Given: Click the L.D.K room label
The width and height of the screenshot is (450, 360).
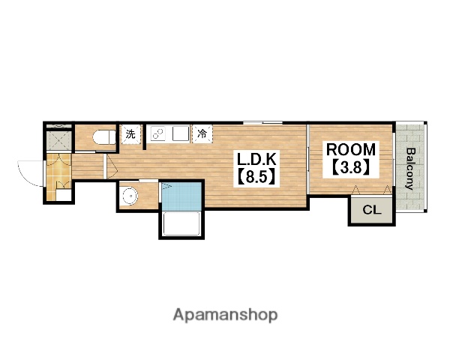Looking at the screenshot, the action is pos(256,159).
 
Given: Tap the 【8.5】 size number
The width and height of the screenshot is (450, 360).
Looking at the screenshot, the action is pos(256,176).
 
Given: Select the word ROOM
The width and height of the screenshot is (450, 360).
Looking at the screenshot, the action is pos(351,149).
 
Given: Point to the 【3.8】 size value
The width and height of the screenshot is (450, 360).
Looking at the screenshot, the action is pos(351,166).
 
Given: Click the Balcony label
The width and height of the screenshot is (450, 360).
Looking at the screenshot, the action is pos(410,169).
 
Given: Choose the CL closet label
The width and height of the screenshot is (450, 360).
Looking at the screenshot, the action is pos(372,210).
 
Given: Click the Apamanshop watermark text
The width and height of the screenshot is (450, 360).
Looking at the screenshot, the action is pos(225,315).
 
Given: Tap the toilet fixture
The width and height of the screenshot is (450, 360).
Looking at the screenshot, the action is pos(104,137).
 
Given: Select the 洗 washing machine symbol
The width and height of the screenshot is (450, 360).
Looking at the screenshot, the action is pos(130,133).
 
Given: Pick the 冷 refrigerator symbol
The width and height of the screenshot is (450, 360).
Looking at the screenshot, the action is pos(202,133).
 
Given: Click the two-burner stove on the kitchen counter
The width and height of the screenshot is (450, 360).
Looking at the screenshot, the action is pos(157,133).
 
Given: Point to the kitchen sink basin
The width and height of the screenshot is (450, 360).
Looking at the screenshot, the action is pos(180,133).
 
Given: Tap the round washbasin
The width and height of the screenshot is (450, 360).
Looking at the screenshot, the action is pos(130,196).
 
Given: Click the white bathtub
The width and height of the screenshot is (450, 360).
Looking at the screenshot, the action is pos(181,224).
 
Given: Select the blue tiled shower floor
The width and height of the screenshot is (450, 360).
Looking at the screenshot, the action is pos(181,196).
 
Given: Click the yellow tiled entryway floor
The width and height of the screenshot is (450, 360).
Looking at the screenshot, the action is pos(58,176).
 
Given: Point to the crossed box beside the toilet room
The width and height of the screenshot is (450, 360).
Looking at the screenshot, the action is pos(58,140).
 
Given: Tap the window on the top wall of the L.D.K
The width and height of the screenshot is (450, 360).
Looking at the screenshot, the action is pos(263,123).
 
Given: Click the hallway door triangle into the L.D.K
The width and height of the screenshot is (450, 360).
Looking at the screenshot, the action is pos(112,167).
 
